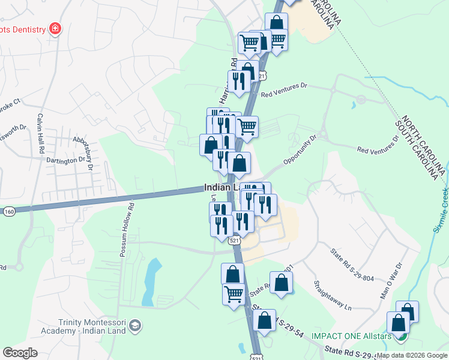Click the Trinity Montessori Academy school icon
pyautogui.click(x=135, y=325)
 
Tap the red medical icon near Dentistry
pyautogui.click(x=55, y=28)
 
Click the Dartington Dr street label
pyautogui.click(x=66, y=161)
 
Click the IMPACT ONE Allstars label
pyautogui.click(x=358, y=336)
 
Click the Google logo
pyautogui.click(x=20, y=352)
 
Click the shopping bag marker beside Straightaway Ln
pyautogui.click(x=280, y=283)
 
